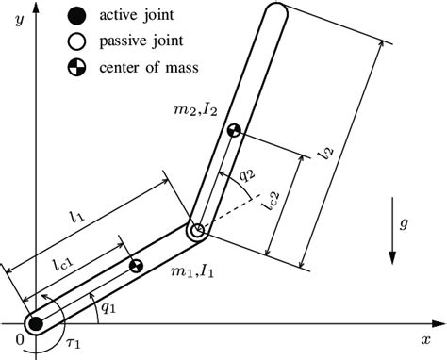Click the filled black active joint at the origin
(x=36, y=324)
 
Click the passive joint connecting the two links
(x=198, y=231)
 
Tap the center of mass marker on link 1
(x=136, y=267)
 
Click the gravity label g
(x=406, y=225)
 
